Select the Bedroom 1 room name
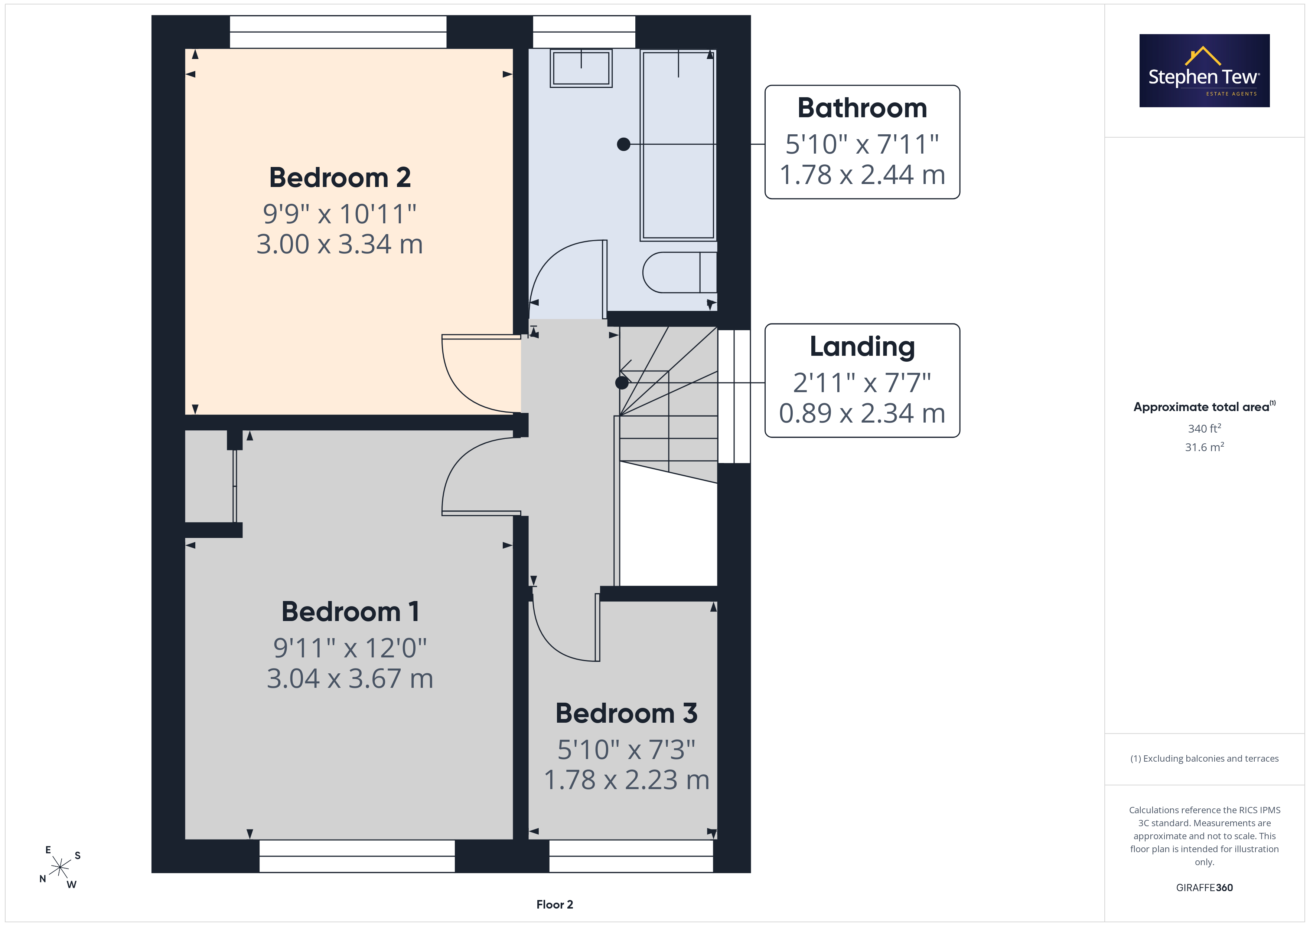[x=350, y=612]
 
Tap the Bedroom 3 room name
[x=626, y=713]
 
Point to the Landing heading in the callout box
[x=862, y=347]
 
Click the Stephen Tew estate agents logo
[x=1205, y=71]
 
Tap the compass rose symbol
[x=60, y=868]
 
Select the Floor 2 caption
[x=555, y=904]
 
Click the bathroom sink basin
[x=581, y=68]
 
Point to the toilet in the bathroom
[x=680, y=273]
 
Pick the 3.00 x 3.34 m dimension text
[x=339, y=244]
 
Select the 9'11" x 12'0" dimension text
[x=350, y=648]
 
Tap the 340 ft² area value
[x=1205, y=428]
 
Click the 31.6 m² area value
[x=1205, y=447]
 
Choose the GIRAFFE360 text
[x=1205, y=888]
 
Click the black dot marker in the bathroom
[x=623, y=144]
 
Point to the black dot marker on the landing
[x=622, y=382]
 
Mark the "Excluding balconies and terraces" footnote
[x=1205, y=758]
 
